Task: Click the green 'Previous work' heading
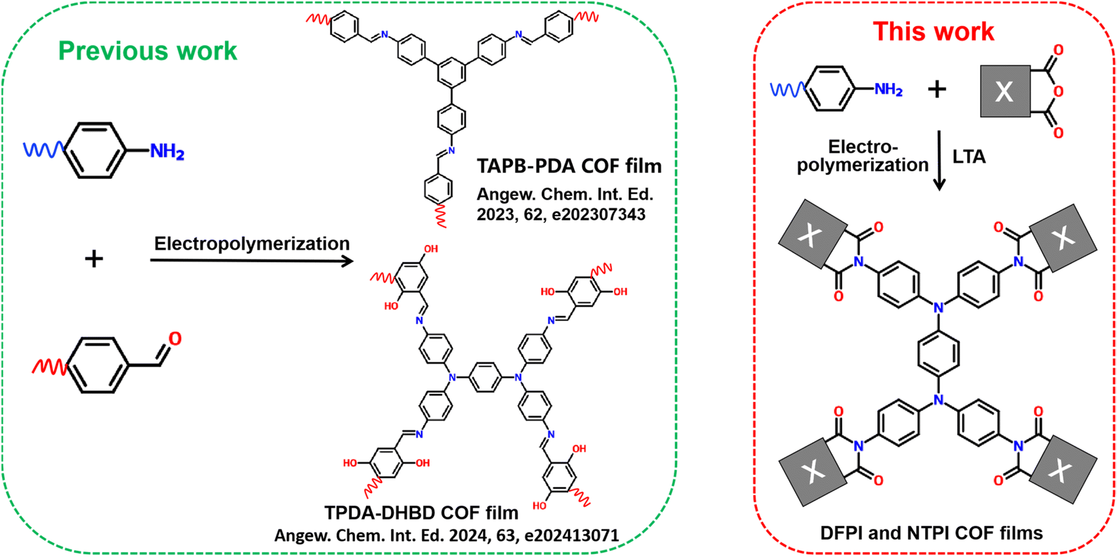148,51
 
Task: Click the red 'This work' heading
933,31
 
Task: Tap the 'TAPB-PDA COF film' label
569,166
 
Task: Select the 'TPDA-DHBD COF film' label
421,512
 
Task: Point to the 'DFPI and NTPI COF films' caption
931,533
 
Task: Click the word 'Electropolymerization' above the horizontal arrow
251,244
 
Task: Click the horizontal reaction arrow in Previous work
251,261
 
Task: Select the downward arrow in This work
939,160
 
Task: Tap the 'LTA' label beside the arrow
968,157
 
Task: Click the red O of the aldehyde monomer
175,339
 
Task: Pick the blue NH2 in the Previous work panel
167,151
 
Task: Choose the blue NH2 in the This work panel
889,90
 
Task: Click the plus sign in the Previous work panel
94,258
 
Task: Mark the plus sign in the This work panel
936,90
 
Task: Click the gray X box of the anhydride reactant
1005,92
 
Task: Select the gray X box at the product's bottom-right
1063,469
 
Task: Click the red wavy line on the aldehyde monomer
49,367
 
